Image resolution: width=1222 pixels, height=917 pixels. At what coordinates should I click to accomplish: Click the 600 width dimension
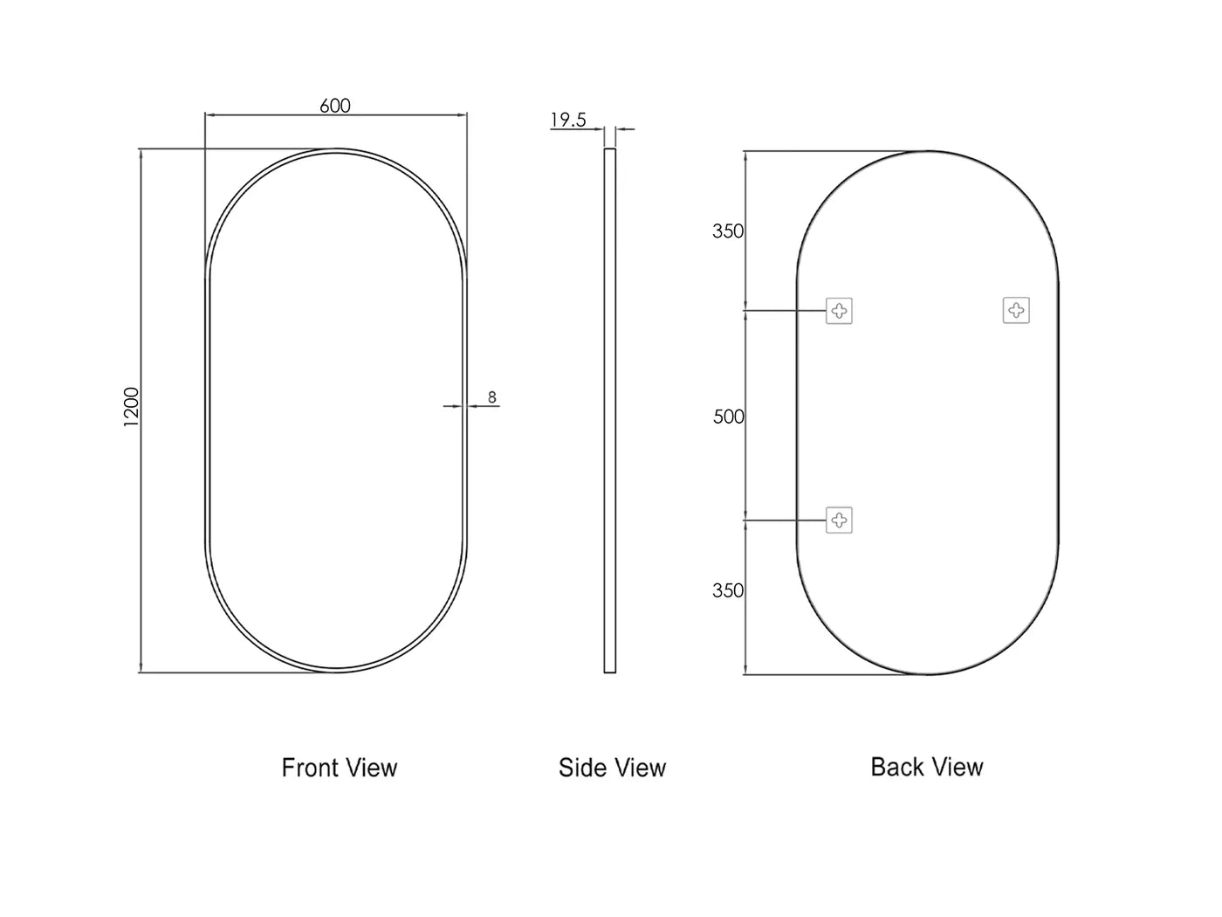click(335, 106)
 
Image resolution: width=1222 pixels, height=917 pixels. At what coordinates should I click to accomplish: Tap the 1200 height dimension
click(131, 407)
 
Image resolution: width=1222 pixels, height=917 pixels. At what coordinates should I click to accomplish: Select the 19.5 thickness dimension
click(568, 120)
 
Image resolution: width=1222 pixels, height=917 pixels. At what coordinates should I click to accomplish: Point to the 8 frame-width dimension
click(492, 397)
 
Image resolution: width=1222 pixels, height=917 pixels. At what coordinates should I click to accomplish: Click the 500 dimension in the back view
click(729, 417)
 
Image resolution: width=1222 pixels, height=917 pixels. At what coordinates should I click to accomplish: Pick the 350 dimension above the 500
click(728, 231)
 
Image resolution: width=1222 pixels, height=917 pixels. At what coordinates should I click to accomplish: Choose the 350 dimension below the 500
click(728, 590)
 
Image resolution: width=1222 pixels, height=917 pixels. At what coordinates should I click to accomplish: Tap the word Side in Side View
click(579, 768)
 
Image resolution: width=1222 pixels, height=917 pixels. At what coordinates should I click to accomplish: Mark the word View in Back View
click(958, 767)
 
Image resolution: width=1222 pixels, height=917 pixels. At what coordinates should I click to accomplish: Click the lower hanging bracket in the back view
click(839, 521)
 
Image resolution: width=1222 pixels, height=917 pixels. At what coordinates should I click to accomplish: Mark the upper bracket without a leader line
click(1016, 310)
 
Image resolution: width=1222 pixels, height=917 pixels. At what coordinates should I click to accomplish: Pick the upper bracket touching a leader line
click(839, 310)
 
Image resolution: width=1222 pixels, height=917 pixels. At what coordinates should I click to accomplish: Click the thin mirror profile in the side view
click(610, 410)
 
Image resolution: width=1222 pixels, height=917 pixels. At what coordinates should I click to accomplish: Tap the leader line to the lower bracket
click(784, 521)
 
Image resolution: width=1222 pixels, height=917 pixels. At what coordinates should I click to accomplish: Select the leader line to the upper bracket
click(784, 310)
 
